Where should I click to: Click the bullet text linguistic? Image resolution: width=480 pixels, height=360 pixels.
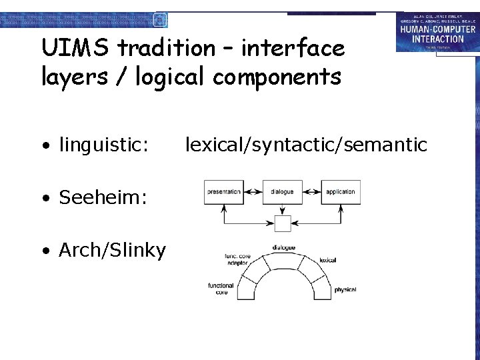pos(103,144)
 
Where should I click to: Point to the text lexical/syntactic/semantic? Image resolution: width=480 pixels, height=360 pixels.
pos(306,144)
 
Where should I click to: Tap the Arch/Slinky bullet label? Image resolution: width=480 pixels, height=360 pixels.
pos(112,251)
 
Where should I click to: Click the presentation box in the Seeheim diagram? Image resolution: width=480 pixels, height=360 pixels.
pos(223,192)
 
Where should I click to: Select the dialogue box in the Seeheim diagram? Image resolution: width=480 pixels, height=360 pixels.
pos(282,192)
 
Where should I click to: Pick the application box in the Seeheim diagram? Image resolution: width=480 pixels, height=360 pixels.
pos(341,192)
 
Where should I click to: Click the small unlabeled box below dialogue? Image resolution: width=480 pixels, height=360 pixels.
pos(282,223)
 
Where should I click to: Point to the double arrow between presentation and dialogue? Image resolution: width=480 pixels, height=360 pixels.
pos(253,192)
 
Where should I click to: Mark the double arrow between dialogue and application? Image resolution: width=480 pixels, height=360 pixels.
pos(311,192)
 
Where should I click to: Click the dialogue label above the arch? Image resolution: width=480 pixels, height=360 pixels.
pos(283,248)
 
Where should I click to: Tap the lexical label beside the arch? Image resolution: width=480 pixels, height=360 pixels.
pos(327,260)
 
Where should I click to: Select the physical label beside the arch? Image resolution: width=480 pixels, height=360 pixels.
pos(345,289)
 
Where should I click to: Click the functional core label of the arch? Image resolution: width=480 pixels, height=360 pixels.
pos(221,289)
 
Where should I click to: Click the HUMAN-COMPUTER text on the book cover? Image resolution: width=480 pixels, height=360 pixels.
pos(437,30)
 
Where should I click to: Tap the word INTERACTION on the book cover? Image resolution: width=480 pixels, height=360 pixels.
pos(437,39)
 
